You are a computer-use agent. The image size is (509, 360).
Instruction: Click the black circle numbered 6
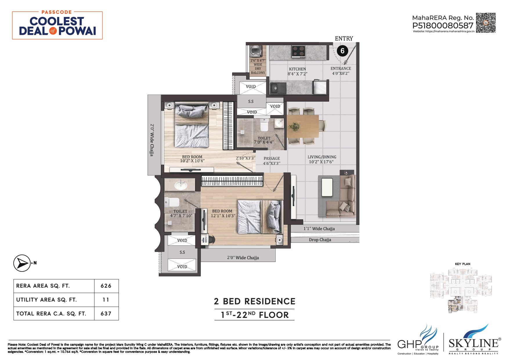[x=342, y=51]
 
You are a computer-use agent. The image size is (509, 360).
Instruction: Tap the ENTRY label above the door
[x=344, y=39]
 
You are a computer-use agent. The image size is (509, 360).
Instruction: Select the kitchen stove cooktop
[x=298, y=51]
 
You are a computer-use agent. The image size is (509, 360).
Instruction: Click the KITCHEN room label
[x=297, y=69]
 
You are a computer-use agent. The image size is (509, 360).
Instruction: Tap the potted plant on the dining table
[x=294, y=127]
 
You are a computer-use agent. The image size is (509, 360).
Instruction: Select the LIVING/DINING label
[x=322, y=157]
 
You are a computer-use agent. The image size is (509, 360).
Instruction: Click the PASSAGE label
[x=272, y=158]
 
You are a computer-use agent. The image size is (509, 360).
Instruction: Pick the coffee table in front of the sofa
[x=327, y=187]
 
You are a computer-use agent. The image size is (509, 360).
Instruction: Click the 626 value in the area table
[x=106, y=286]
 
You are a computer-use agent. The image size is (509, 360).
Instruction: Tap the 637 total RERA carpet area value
[x=106, y=314]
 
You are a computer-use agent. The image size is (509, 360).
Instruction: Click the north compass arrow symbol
[x=22, y=263]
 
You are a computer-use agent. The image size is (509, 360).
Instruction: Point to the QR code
[x=485, y=23]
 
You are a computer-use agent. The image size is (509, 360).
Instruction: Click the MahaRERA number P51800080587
[x=443, y=26]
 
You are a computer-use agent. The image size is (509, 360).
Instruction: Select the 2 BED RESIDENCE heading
[x=255, y=301]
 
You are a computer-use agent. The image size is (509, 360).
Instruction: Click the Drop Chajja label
[x=320, y=240]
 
